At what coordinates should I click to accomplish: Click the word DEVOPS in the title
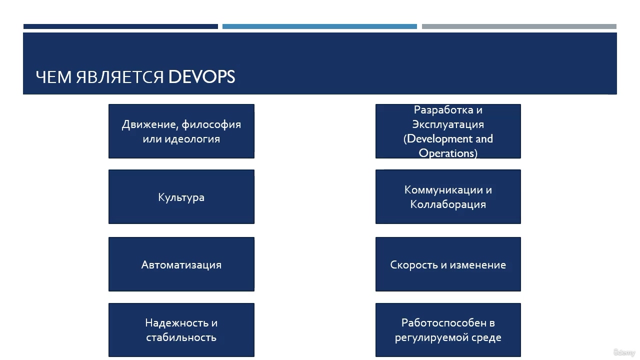pyautogui.click(x=201, y=77)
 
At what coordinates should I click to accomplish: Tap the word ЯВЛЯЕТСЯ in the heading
pyautogui.click(x=119, y=77)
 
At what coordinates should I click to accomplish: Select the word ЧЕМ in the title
pyautogui.click(x=53, y=77)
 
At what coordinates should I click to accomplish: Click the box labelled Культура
pyautogui.click(x=181, y=197)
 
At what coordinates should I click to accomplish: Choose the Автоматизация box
pyautogui.click(x=181, y=264)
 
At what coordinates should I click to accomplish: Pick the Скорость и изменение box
pyautogui.click(x=448, y=264)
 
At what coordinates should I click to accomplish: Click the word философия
pyautogui.click(x=211, y=124)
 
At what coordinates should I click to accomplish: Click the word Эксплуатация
pyautogui.click(x=448, y=124)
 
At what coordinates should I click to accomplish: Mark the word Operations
pyautogui.click(x=447, y=153)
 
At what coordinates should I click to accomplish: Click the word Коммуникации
pyautogui.click(x=443, y=190)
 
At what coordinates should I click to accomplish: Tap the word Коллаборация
pyautogui.click(x=448, y=204)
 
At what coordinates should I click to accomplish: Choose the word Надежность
pyautogui.click(x=177, y=323)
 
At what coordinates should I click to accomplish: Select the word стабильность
pyautogui.click(x=181, y=337)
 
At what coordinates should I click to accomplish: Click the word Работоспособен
pyautogui.click(x=444, y=323)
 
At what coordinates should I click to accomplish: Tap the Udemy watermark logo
pyautogui.click(x=624, y=352)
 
